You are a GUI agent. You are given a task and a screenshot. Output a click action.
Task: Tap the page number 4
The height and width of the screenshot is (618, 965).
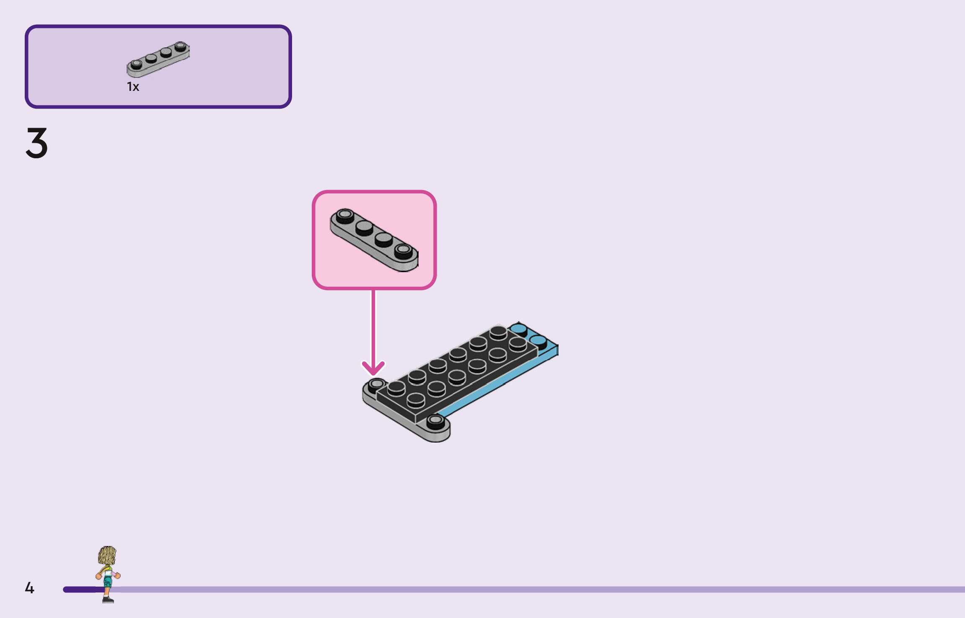coord(29,587)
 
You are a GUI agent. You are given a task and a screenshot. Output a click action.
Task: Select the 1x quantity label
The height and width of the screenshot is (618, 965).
coord(133,87)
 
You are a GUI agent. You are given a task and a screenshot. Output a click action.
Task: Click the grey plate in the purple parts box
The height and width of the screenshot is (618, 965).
coord(158,60)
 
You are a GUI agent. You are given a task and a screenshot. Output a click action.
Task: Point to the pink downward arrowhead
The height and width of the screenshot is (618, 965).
coord(373,368)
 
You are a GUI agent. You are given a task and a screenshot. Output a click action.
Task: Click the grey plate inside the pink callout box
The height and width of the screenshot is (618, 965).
coord(374,240)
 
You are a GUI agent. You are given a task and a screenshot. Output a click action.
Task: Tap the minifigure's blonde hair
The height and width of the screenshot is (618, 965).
coord(107,555)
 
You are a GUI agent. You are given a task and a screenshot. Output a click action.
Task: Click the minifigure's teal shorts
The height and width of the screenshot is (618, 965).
coord(108,581)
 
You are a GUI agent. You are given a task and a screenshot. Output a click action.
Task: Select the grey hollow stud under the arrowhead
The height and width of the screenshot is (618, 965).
coord(377,384)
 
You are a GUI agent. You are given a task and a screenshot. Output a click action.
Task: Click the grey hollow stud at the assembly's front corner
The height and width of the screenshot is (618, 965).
coord(436,420)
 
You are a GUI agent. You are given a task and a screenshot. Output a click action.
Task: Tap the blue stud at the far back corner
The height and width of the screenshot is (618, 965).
coord(519,328)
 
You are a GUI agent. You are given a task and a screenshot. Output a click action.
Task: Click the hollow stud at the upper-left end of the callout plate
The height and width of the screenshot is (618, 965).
coord(345,215)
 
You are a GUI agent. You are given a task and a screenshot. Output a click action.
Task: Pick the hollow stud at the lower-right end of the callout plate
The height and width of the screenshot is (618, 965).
coord(403,250)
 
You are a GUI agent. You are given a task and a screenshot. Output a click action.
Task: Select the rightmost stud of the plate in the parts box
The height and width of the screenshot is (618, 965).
coord(181,46)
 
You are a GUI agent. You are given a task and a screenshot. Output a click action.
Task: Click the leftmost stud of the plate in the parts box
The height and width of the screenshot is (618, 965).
coord(136,64)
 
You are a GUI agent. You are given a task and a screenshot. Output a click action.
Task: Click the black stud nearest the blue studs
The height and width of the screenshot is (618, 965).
coord(518,343)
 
